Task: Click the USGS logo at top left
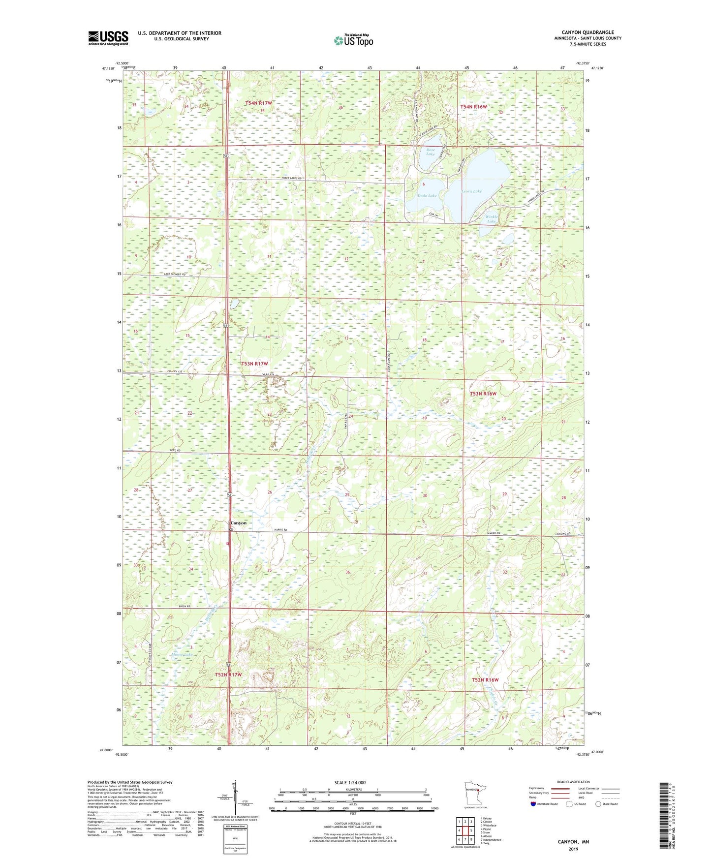108,38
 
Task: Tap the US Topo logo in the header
353,40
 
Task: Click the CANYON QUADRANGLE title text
587,32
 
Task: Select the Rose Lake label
431,152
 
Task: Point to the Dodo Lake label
427,196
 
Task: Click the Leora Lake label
471,191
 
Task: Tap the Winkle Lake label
491,219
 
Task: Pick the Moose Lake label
182,655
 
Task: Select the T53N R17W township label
255,364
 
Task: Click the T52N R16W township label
485,680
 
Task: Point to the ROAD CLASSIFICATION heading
574,782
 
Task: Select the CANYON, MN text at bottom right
573,842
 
